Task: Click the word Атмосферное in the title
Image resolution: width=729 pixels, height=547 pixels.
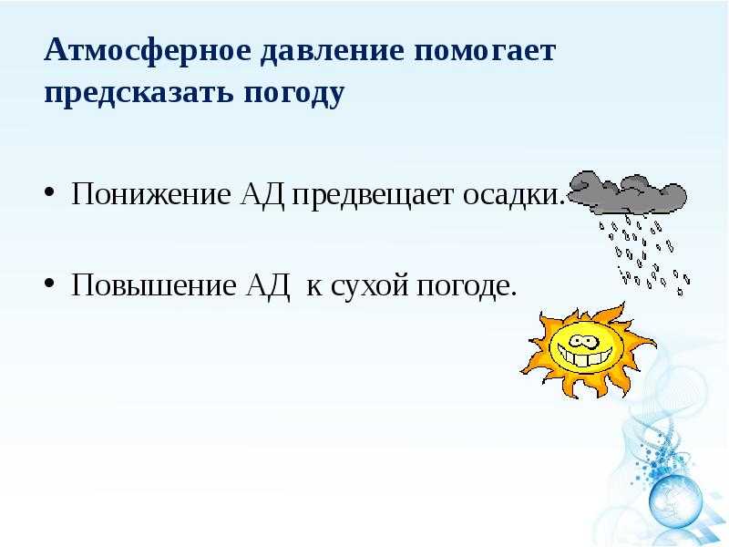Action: tap(148, 50)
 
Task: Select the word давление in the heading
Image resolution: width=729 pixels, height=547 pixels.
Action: tap(332, 51)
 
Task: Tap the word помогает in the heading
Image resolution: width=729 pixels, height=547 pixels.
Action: tap(485, 51)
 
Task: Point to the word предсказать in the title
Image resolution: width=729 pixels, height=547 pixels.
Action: tap(139, 94)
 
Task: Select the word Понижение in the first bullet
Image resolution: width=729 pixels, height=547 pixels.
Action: tap(150, 193)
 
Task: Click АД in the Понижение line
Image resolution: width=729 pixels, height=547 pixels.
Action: tap(262, 194)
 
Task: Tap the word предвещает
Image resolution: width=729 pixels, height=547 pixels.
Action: tap(372, 195)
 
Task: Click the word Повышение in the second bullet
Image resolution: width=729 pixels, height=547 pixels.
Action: tap(153, 284)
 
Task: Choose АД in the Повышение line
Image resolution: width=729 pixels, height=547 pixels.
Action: tap(267, 285)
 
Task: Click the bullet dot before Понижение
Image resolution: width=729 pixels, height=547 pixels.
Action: tap(49, 191)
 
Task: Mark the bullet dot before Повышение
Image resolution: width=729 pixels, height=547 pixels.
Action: tap(49, 283)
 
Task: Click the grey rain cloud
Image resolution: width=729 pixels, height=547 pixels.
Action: tap(628, 192)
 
